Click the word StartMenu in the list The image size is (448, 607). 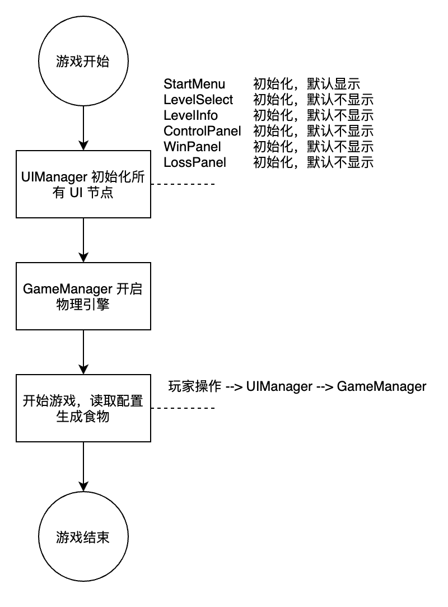(194, 84)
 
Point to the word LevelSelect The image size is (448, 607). (198, 100)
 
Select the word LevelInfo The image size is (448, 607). (190, 115)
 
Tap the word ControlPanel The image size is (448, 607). (202, 131)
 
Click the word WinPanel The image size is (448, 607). (193, 147)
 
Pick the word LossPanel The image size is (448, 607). (195, 162)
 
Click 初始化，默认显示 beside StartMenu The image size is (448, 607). (307, 84)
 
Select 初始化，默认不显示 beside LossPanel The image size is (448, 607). (313, 162)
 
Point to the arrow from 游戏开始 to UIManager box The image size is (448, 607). (83, 128)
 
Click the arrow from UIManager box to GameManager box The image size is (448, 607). (83, 240)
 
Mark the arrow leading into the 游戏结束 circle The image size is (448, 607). (83, 467)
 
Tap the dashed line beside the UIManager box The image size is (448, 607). (183, 184)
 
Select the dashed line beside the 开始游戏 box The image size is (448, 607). (183, 408)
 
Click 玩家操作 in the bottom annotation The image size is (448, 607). (195, 386)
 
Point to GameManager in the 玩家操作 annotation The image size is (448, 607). (381, 386)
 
